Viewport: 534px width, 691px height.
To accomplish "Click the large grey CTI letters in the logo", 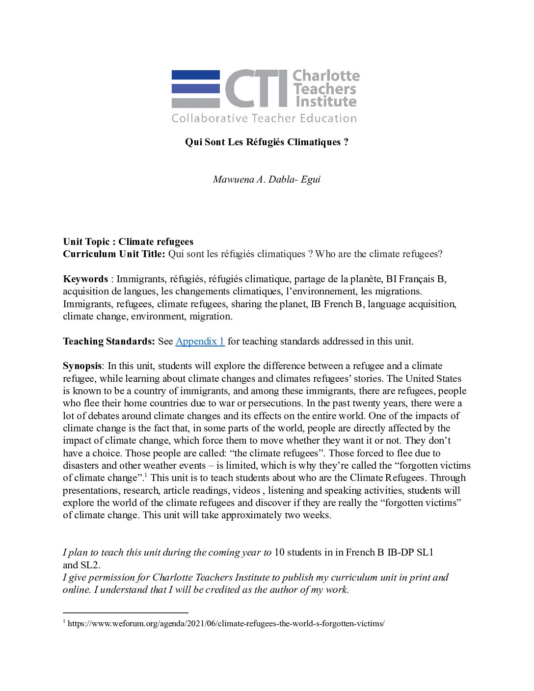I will click(256, 88).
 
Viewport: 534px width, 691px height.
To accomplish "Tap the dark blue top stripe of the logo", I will click(195, 75).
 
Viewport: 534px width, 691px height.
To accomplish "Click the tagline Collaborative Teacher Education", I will click(264, 118).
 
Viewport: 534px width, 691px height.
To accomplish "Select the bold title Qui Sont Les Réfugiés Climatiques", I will click(267, 142).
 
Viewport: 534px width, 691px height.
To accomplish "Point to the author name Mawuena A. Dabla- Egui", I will click(267, 179).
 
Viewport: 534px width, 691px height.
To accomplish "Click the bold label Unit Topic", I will click(86, 241).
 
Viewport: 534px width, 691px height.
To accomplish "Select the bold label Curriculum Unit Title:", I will click(114, 254).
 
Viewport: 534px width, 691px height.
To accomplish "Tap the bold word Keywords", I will click(85, 279).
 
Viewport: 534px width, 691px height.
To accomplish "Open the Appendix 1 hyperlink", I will click(200, 341).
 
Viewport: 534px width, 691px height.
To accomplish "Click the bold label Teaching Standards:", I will click(109, 341).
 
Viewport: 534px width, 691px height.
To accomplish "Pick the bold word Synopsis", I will click(82, 366).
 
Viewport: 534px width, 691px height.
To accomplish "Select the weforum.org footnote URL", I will click(226, 624).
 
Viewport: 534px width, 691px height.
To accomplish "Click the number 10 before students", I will click(279, 552).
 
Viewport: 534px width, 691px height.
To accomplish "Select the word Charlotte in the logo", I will click(326, 76).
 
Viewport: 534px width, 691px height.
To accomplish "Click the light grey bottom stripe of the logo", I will click(195, 103).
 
